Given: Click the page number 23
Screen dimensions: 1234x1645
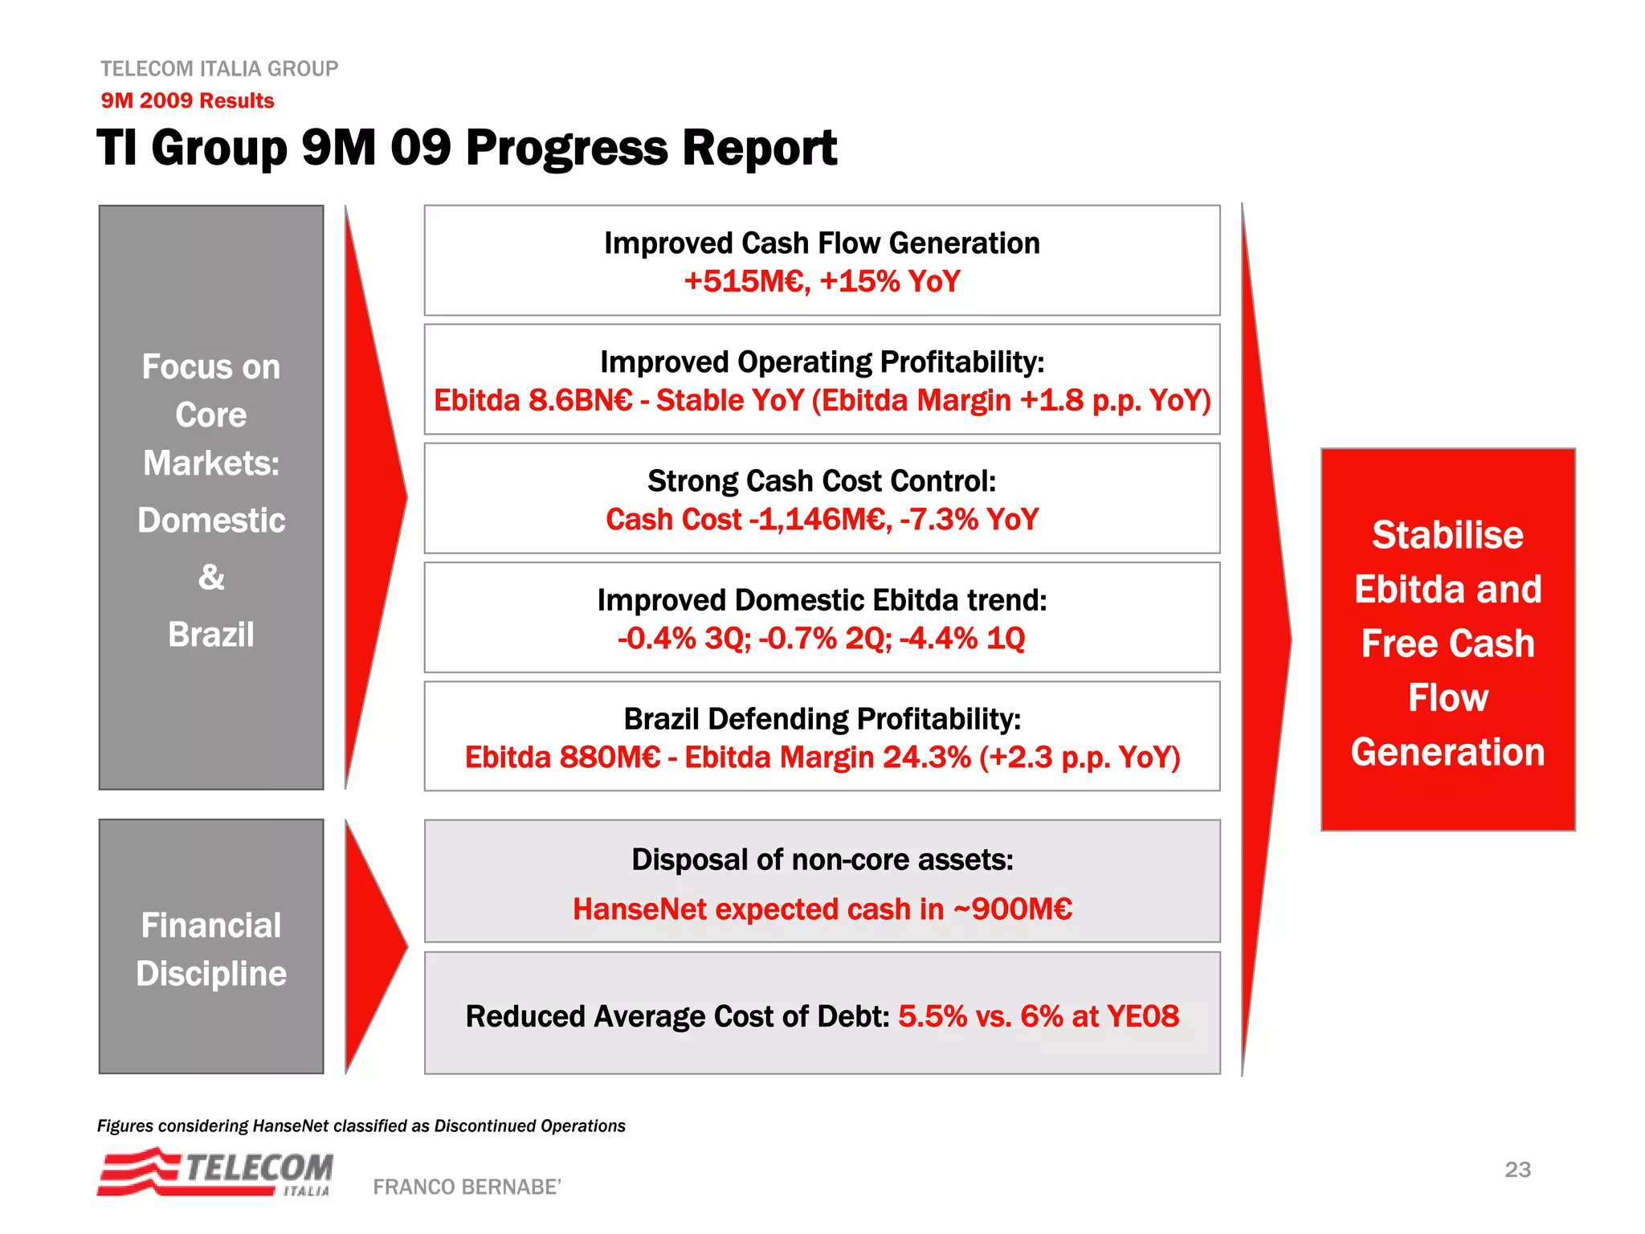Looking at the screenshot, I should (x=1517, y=1170).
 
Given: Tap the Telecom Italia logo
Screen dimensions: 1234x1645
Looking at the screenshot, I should (x=215, y=1172).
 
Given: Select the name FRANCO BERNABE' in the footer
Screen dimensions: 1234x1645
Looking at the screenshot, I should (x=467, y=1187).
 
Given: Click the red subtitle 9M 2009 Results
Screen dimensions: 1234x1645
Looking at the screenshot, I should (x=187, y=100).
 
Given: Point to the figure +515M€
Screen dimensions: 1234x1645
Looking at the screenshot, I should (x=746, y=282).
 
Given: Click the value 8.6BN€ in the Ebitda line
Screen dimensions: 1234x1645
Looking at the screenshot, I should (x=580, y=401).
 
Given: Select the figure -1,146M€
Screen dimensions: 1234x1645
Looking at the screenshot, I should (x=819, y=520).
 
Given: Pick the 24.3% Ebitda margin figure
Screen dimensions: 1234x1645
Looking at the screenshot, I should (x=926, y=758).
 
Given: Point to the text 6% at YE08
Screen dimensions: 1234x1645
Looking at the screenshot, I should (x=1099, y=1016).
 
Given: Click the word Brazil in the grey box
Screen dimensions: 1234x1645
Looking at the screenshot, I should (x=211, y=635).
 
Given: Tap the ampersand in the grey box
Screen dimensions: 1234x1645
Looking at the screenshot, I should (x=211, y=577).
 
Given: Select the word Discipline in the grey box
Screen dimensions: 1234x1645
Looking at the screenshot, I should (x=211, y=974).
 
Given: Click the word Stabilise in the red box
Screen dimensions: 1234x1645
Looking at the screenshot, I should (x=1447, y=535).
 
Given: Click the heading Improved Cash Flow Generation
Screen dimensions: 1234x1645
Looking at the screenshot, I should (x=822, y=243).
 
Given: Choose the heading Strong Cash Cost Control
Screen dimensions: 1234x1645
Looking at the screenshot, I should (x=822, y=481).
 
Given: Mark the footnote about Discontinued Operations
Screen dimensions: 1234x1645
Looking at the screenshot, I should (x=361, y=1126).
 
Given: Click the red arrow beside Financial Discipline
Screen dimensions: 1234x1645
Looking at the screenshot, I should (x=370, y=946).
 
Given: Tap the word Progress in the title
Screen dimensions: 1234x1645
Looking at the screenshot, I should (x=567, y=149).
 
